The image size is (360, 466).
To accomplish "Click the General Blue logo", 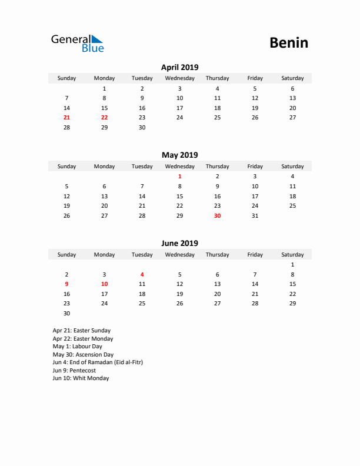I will click(x=77, y=43).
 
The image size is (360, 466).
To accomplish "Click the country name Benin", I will click(x=288, y=42).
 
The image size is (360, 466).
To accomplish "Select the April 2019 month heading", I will click(x=179, y=67).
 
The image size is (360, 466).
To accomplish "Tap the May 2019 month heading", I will click(x=179, y=155).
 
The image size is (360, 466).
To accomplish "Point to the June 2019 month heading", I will click(x=179, y=243).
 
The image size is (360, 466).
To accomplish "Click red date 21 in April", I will click(x=66, y=118).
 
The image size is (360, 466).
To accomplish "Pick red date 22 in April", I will click(x=104, y=118).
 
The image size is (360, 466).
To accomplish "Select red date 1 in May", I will click(x=179, y=177).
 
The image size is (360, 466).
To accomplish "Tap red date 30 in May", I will click(x=217, y=215).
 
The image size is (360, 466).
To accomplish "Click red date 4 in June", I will click(x=142, y=274).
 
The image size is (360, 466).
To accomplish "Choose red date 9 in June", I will click(x=66, y=284).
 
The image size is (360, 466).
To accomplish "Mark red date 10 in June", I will click(x=104, y=284).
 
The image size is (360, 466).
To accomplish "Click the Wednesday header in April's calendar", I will click(x=179, y=78).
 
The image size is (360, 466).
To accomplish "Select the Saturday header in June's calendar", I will click(x=292, y=255).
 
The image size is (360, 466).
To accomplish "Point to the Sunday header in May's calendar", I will click(x=66, y=167).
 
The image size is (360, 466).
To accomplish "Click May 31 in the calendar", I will click(x=255, y=215).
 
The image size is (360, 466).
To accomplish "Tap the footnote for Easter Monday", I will click(x=83, y=339).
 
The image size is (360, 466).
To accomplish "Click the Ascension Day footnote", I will click(x=83, y=355).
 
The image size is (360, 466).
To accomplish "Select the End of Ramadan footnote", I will click(x=98, y=362).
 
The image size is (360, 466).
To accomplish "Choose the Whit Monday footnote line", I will click(x=81, y=378).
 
